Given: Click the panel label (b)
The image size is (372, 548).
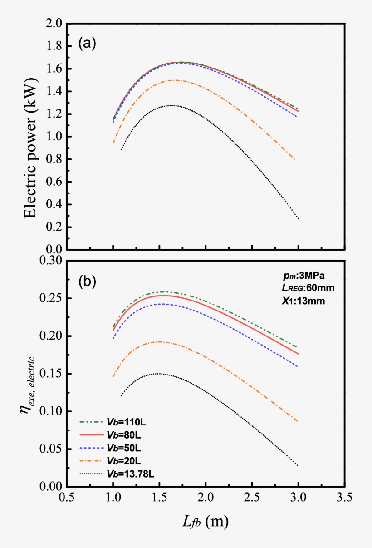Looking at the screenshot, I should [87, 281].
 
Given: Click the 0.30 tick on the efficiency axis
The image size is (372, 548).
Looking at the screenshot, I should [49, 261].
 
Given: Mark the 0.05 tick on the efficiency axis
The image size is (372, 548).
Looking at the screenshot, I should [49, 449].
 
